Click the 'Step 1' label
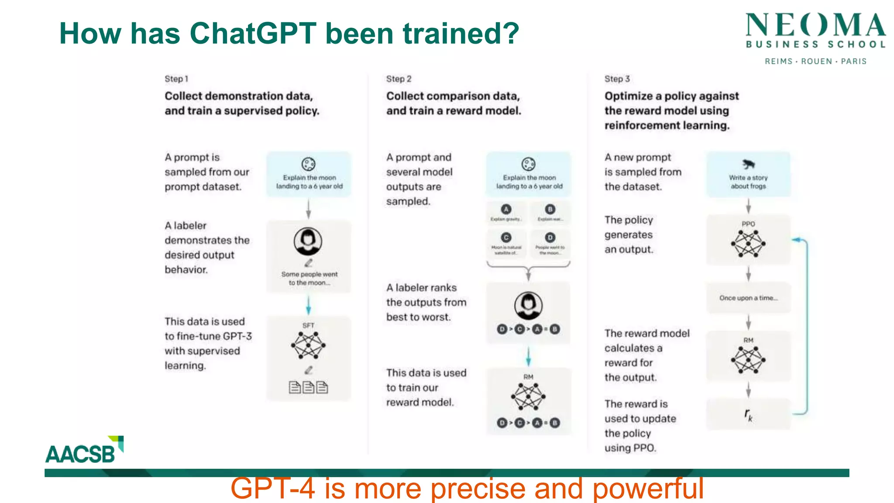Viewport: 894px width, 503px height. (176, 79)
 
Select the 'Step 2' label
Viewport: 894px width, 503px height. (399, 79)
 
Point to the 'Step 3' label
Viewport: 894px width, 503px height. (617, 79)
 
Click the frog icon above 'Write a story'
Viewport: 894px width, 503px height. (748, 164)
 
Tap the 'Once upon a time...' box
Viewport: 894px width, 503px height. (748, 298)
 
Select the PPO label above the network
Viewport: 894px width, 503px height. (748, 224)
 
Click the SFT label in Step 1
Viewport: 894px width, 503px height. (308, 326)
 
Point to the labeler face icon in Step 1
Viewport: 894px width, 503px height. (308, 241)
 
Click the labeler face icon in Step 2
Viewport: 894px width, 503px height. (528, 305)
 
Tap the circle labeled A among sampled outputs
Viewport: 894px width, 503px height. (506, 209)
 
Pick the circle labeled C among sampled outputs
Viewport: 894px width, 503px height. (506, 238)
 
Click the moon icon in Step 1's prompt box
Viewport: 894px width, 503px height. (308, 164)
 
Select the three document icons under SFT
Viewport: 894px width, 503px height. (308, 387)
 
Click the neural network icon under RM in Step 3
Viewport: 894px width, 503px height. (748, 360)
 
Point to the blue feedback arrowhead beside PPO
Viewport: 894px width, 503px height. (796, 240)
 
